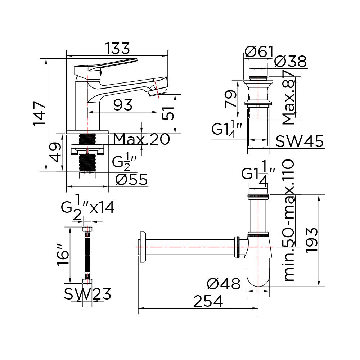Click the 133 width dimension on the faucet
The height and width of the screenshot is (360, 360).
tap(117, 49)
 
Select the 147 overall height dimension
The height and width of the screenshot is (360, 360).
tap(40, 114)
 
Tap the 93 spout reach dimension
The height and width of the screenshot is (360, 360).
tap(123, 105)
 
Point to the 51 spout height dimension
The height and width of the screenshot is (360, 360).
tap(168, 113)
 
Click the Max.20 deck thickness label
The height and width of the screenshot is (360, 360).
tap(141, 139)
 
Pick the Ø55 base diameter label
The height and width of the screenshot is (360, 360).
tap(131, 179)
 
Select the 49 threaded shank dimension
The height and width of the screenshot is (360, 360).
tap(56, 152)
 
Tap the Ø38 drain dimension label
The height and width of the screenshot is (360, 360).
tap(291, 61)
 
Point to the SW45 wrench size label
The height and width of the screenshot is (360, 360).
tap(300, 141)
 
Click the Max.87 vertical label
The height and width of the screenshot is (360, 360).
tap(289, 98)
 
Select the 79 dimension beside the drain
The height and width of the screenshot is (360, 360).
tap(231, 99)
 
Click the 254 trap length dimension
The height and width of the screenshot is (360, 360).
tap(208, 301)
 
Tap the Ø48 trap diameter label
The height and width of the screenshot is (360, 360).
tap(224, 284)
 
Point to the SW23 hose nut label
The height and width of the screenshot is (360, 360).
tap(87, 294)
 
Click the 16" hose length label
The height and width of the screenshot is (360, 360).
tap(63, 255)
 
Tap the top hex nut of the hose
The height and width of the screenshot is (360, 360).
tap(87, 229)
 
